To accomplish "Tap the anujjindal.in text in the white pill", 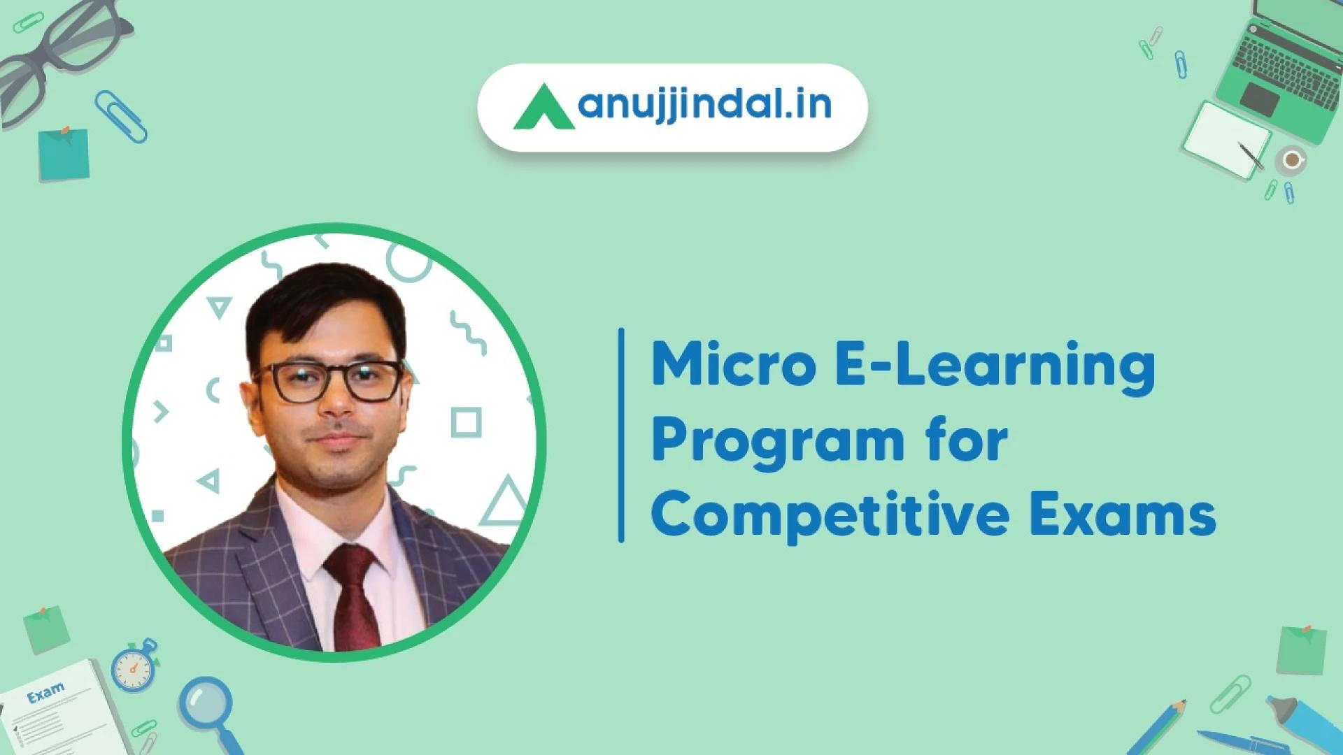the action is pos(705,106).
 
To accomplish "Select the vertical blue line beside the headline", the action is pos(621,435).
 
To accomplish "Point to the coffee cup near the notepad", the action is pos(1291,160).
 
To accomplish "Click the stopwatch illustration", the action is pos(135,666).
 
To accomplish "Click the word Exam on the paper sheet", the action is pos(45,693).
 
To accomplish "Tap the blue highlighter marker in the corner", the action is pos(1305,724).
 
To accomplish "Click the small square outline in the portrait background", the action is pos(466,422).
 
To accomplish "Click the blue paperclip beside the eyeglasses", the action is pos(121,116).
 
